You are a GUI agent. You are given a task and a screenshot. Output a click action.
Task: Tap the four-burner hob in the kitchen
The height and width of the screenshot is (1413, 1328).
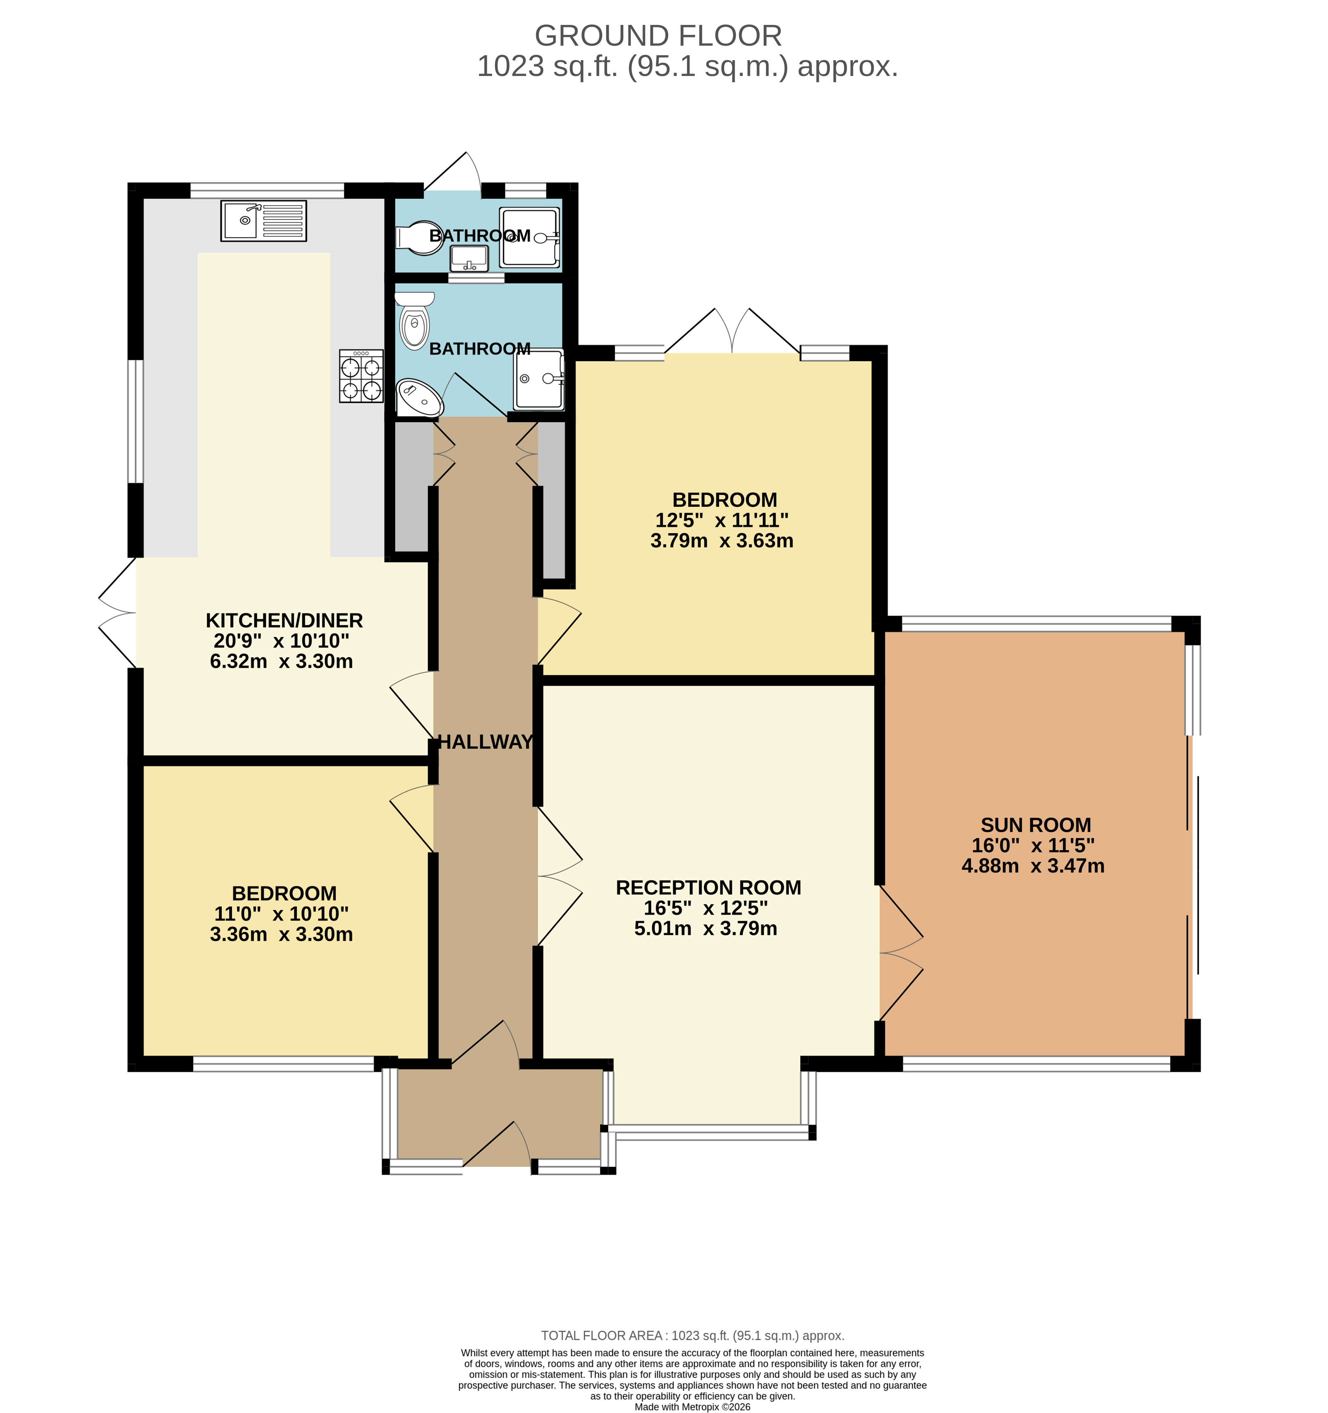click(x=361, y=376)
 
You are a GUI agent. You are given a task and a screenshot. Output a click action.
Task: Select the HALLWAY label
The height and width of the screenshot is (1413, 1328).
click(x=485, y=742)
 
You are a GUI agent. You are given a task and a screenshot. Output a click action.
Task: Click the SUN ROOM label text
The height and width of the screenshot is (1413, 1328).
click(x=1035, y=825)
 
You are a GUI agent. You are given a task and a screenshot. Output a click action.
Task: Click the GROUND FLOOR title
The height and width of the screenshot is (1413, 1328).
click(x=658, y=36)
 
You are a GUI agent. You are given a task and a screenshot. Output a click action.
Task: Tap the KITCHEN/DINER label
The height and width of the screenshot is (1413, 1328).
click(x=284, y=621)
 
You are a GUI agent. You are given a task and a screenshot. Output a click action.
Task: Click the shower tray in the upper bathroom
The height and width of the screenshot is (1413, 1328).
click(x=529, y=237)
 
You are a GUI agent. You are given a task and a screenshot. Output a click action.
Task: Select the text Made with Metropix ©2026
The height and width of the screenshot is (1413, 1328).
click(x=692, y=1407)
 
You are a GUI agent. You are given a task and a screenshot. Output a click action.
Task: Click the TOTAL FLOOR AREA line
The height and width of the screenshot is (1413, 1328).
click(x=692, y=1335)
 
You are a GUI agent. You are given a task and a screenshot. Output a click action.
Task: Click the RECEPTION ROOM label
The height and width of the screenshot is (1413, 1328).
click(x=708, y=888)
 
